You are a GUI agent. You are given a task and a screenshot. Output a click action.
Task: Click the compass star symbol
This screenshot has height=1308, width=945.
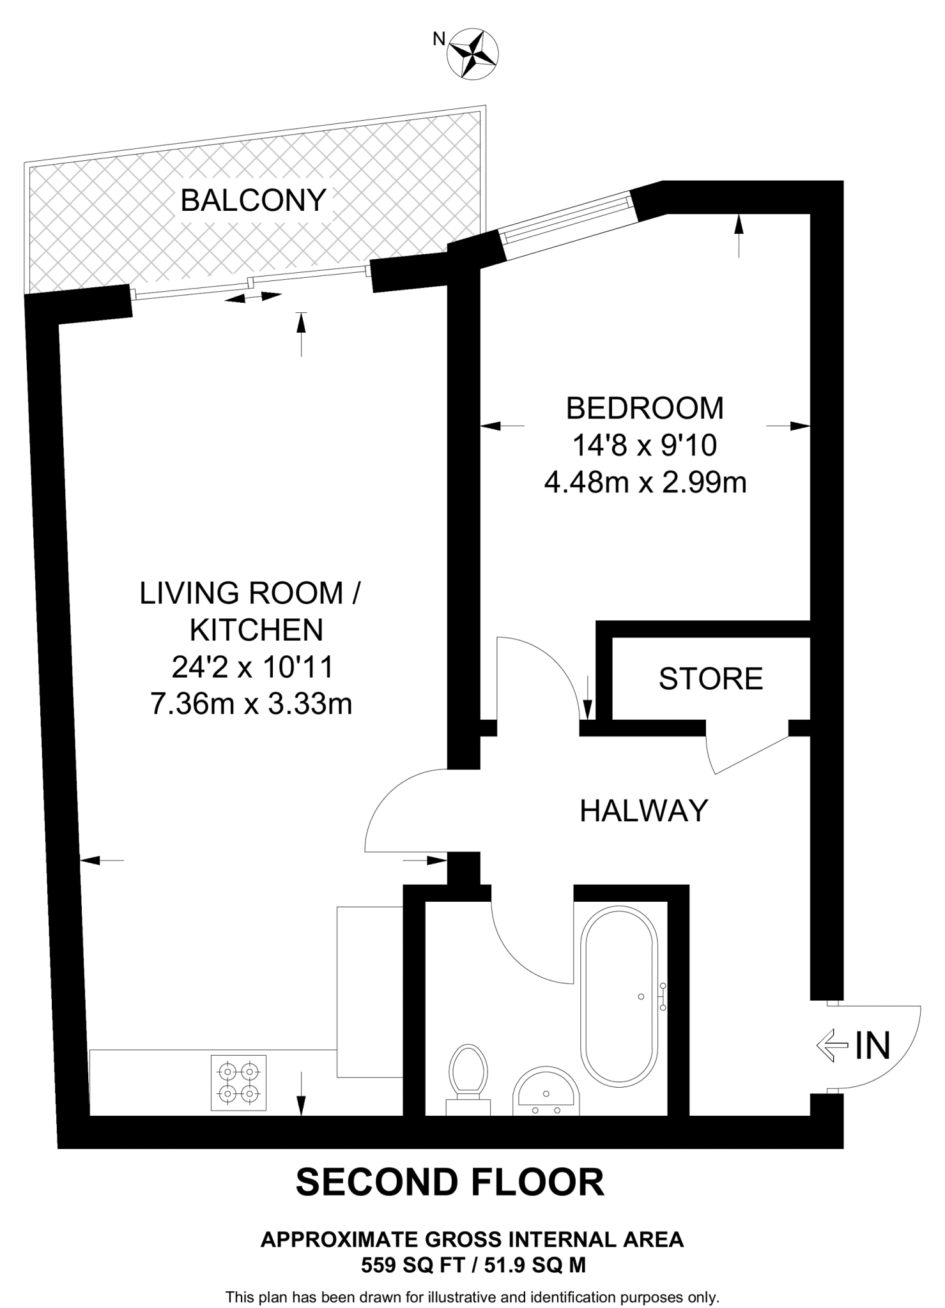(473, 54)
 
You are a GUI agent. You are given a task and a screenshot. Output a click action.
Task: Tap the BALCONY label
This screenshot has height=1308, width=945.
(254, 201)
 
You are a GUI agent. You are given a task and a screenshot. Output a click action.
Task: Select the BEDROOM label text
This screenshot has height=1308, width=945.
(645, 408)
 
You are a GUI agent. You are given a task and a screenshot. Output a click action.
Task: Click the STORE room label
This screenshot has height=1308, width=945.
(711, 679)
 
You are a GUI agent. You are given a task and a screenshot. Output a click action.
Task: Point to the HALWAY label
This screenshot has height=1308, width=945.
(644, 810)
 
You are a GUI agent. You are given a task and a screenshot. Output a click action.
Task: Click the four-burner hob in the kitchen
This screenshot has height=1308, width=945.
(239, 1083)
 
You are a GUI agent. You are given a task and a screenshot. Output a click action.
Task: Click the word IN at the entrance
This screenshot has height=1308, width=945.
(873, 1046)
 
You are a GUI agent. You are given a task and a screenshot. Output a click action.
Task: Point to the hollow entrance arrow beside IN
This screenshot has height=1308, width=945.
(833, 1046)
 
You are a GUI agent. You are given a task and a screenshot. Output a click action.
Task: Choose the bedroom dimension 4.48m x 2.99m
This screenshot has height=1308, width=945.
(645, 483)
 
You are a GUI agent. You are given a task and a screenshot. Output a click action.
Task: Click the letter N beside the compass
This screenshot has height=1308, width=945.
(439, 40)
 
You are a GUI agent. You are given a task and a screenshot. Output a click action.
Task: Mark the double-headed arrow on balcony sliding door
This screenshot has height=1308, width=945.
(253, 297)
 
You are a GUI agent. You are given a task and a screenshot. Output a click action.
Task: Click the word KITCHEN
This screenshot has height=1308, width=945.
(257, 631)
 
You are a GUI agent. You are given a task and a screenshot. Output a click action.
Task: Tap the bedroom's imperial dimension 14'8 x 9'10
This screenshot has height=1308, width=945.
(645, 446)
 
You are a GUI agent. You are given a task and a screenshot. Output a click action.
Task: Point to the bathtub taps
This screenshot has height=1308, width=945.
(663, 996)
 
